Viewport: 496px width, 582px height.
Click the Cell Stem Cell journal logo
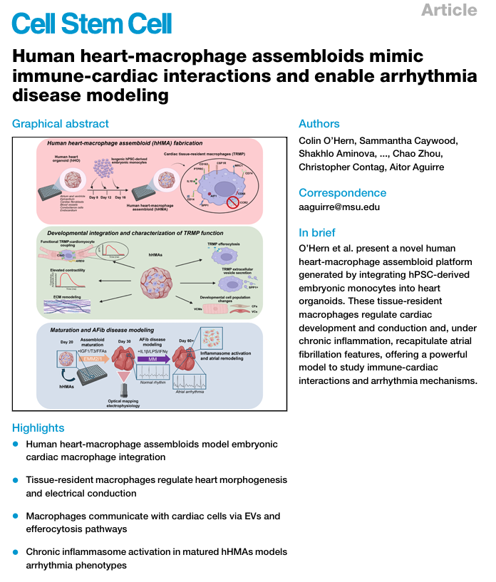coord(92,25)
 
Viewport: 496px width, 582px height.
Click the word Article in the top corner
coord(448,10)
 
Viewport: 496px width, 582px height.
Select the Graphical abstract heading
coord(61,124)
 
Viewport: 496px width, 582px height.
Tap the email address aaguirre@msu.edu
coord(339,207)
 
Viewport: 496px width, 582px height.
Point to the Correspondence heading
coord(343,193)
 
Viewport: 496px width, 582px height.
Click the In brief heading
coord(317,233)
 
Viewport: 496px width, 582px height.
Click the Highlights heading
coord(38,427)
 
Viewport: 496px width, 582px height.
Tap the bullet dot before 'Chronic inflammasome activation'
coord(16,552)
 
